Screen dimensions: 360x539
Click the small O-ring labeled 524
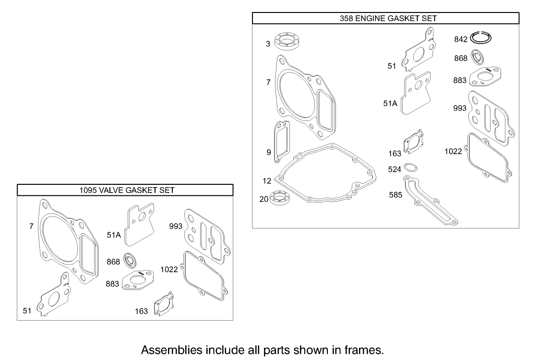[x=410, y=168]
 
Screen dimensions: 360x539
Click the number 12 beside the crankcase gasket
[x=267, y=181]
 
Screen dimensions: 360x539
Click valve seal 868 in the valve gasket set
[x=130, y=261]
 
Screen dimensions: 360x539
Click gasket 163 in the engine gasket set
[x=412, y=142]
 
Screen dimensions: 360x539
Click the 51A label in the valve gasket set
[x=114, y=235]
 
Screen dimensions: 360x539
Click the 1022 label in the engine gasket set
[x=453, y=152]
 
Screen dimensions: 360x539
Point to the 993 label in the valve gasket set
[x=176, y=226]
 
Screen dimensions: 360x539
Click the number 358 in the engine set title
[x=346, y=18]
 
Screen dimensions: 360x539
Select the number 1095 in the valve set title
[x=88, y=190]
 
